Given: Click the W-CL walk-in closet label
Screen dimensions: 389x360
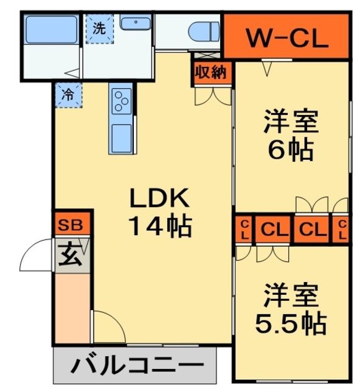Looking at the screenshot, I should (x=286, y=38).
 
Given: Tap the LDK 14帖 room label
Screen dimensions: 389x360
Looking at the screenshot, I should (x=159, y=212).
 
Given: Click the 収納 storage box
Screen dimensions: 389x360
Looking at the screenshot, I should (x=211, y=72).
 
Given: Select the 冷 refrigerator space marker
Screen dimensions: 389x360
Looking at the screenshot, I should (x=69, y=95).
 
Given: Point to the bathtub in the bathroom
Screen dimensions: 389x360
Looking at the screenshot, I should (x=50, y=28).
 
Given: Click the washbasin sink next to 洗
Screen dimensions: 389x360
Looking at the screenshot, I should (x=134, y=24).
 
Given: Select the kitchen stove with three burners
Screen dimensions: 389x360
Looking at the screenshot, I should (x=122, y=98).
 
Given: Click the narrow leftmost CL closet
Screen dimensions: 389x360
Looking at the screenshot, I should (x=243, y=230).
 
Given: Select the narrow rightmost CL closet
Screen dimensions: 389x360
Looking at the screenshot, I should (x=341, y=230).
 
